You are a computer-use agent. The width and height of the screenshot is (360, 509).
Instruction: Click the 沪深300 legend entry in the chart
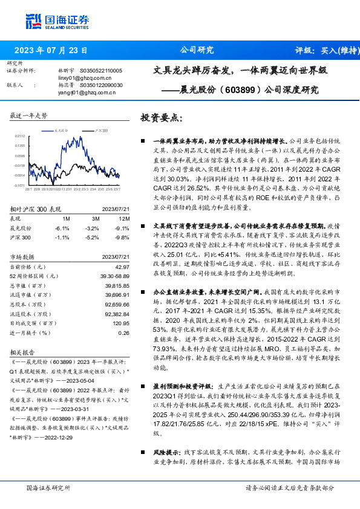tap(100, 130)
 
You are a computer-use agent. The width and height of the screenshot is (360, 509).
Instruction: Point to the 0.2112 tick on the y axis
tap(19, 137)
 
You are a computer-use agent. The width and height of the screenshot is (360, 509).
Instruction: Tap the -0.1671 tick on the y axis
tap(19, 186)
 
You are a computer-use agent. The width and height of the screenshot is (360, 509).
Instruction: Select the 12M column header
tap(124, 218)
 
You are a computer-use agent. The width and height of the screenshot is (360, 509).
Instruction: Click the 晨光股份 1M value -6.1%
tap(63, 228)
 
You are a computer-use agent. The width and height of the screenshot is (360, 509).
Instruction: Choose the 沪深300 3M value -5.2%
tap(92, 238)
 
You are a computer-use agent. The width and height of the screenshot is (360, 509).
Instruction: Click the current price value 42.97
tap(122, 267)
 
